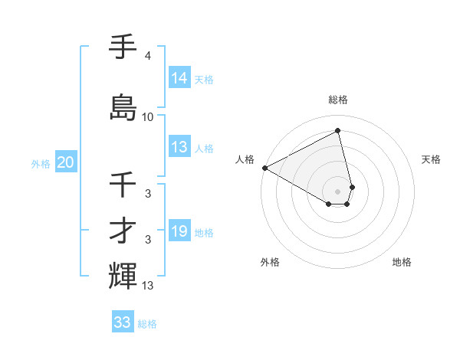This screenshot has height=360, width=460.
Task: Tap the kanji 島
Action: coord(123,107)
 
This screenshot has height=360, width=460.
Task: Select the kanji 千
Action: coord(123,185)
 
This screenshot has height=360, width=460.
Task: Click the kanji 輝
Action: coord(123,276)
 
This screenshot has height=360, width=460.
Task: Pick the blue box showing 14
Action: coord(179,78)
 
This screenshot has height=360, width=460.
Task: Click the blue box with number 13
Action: coord(179,147)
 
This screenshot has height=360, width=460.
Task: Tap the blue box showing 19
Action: coord(179,231)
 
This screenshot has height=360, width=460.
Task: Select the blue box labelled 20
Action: coord(66,162)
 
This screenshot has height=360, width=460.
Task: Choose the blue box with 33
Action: coord(123,322)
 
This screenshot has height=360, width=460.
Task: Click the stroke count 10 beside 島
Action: coord(148,117)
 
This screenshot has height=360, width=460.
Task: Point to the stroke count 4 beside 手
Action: coord(148,56)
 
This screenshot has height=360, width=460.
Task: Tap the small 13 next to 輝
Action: coord(148,286)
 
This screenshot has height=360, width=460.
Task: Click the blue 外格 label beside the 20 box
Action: coord(41,163)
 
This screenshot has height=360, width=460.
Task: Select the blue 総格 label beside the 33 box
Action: coord(147,323)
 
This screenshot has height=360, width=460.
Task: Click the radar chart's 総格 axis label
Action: coord(338,100)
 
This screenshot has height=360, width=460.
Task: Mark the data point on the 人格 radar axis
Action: coord(264,168)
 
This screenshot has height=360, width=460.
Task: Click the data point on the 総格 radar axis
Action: coord(338,130)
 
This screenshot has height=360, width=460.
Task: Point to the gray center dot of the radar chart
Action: coord(338,191)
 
